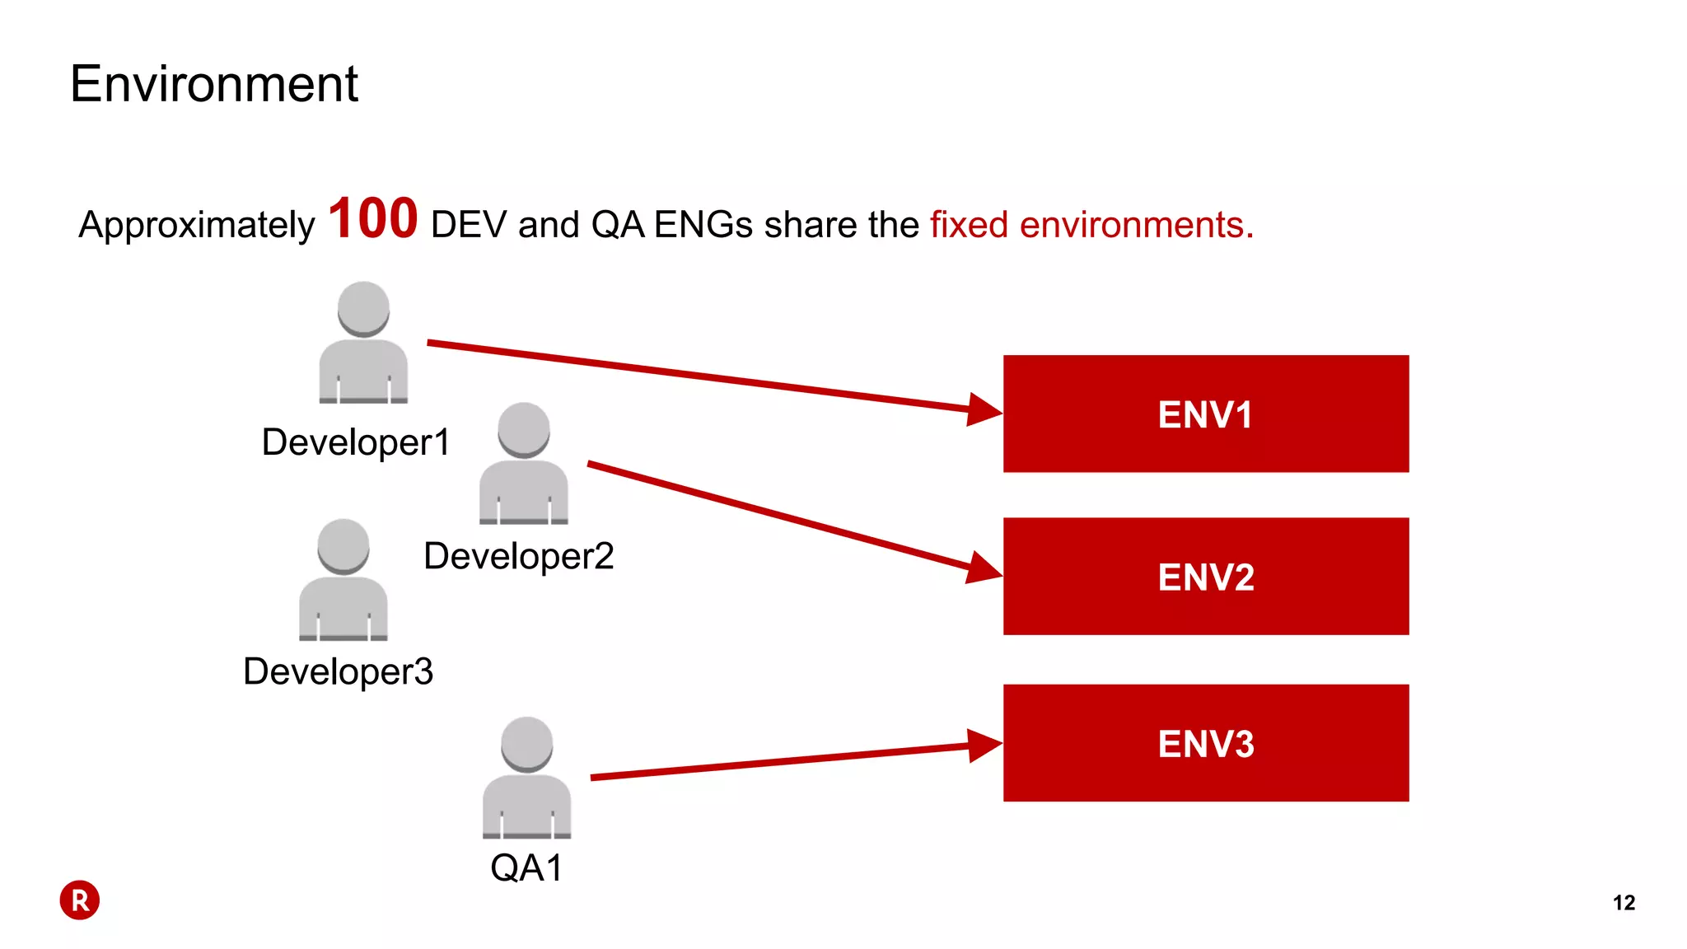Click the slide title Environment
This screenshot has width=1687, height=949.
click(x=214, y=84)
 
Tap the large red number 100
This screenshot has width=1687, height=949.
click(x=372, y=219)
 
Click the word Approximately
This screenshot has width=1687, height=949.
click(x=196, y=225)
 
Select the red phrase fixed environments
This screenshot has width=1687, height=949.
click(x=1091, y=225)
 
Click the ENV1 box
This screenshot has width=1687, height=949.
click(x=1205, y=414)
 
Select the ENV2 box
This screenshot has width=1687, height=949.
click(x=1205, y=576)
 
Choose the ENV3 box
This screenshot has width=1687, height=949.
click(x=1205, y=743)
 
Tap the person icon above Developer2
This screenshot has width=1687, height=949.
click(x=524, y=464)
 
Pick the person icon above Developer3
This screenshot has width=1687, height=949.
click(x=343, y=580)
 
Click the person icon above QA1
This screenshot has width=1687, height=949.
click(x=526, y=778)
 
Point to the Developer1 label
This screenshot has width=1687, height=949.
click(x=356, y=442)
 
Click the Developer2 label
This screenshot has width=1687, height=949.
click(x=518, y=556)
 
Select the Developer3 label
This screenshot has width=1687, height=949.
click(x=338, y=671)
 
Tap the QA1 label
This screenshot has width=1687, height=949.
click(x=526, y=867)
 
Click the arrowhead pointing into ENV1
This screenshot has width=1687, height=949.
click(x=984, y=409)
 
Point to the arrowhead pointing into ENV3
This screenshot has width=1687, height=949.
click(x=984, y=745)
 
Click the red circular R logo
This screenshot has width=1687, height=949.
click(x=80, y=900)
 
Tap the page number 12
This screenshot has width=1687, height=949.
click(x=1624, y=903)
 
